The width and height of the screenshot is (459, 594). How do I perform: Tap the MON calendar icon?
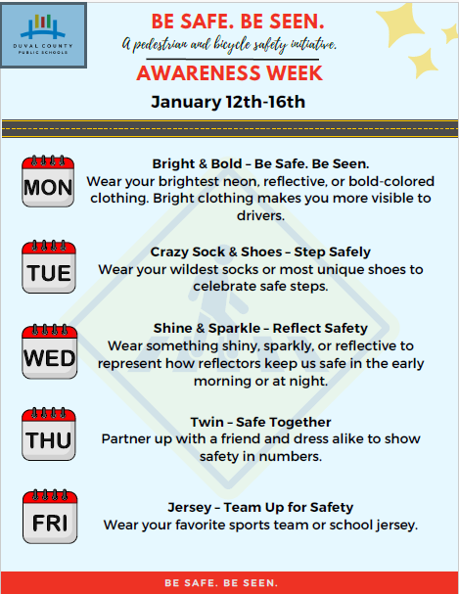pyautogui.click(x=49, y=180)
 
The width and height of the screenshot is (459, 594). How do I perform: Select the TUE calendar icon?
pyautogui.click(x=49, y=267)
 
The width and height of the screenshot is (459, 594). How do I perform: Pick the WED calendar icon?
pyautogui.click(x=49, y=350)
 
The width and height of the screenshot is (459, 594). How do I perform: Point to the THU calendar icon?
pyautogui.click(x=49, y=434)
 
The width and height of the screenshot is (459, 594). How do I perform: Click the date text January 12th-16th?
pyautogui.click(x=228, y=102)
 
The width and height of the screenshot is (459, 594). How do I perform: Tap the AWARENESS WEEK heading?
pyautogui.click(x=229, y=74)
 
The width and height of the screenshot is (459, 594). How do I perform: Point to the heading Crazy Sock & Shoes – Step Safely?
pyautogui.click(x=259, y=251)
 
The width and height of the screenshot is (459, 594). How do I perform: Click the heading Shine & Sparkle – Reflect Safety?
pyautogui.click(x=260, y=328)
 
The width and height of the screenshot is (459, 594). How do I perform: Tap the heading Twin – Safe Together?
pyautogui.click(x=260, y=421)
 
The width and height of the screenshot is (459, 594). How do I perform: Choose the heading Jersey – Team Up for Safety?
pyautogui.click(x=259, y=507)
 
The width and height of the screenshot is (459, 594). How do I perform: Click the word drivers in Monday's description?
pyautogui.click(x=259, y=215)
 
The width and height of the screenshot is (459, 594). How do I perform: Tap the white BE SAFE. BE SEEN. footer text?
pyautogui.click(x=228, y=583)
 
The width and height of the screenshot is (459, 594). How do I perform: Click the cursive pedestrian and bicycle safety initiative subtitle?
pyautogui.click(x=230, y=45)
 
